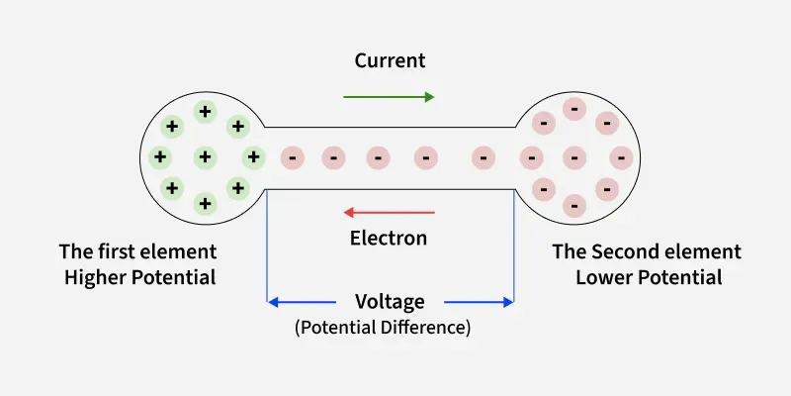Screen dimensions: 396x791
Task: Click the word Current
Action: pos(390,60)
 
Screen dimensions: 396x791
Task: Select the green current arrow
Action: pos(389,97)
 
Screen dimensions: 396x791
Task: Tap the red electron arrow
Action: pos(389,212)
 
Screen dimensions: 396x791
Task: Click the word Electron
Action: pos(389,238)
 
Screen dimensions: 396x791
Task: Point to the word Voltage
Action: pos(390,301)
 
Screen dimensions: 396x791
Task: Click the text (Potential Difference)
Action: pos(383,327)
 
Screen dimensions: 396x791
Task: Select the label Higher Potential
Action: pos(139,277)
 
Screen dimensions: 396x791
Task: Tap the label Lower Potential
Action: pos(649,277)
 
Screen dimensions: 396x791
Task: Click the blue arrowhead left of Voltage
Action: pos(274,302)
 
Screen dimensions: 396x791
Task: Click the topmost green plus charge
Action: pos(205,111)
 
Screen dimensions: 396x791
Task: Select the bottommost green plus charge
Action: pos(205,203)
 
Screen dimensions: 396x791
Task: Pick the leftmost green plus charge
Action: pos(159,156)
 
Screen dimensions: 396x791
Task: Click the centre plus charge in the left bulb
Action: pos(205,156)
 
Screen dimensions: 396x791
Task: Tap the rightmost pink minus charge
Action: pos(620,156)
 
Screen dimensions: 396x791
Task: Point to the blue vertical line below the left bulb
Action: pos(268,247)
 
